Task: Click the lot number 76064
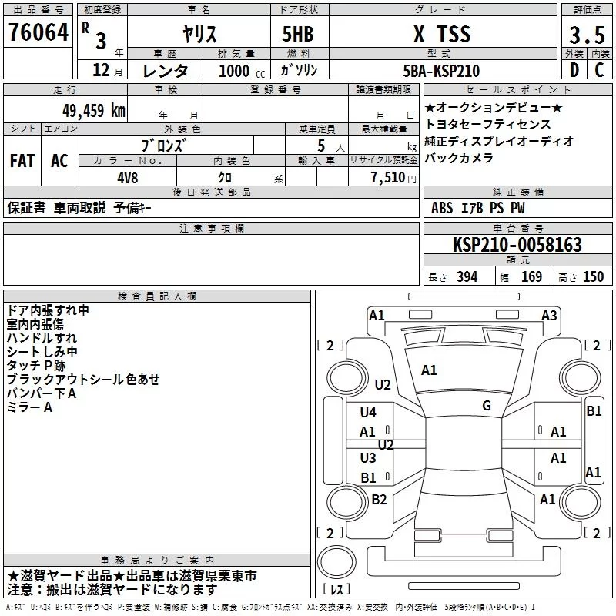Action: click(x=38, y=32)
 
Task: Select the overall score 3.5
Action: click(x=587, y=35)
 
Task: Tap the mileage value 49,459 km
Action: click(x=94, y=111)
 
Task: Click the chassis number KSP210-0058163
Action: click(x=517, y=244)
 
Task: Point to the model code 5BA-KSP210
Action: click(x=441, y=71)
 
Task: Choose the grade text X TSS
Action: click(x=442, y=34)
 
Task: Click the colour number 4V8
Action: click(x=128, y=178)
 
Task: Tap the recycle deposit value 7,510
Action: click(x=388, y=177)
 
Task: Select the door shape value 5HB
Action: click(x=298, y=34)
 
